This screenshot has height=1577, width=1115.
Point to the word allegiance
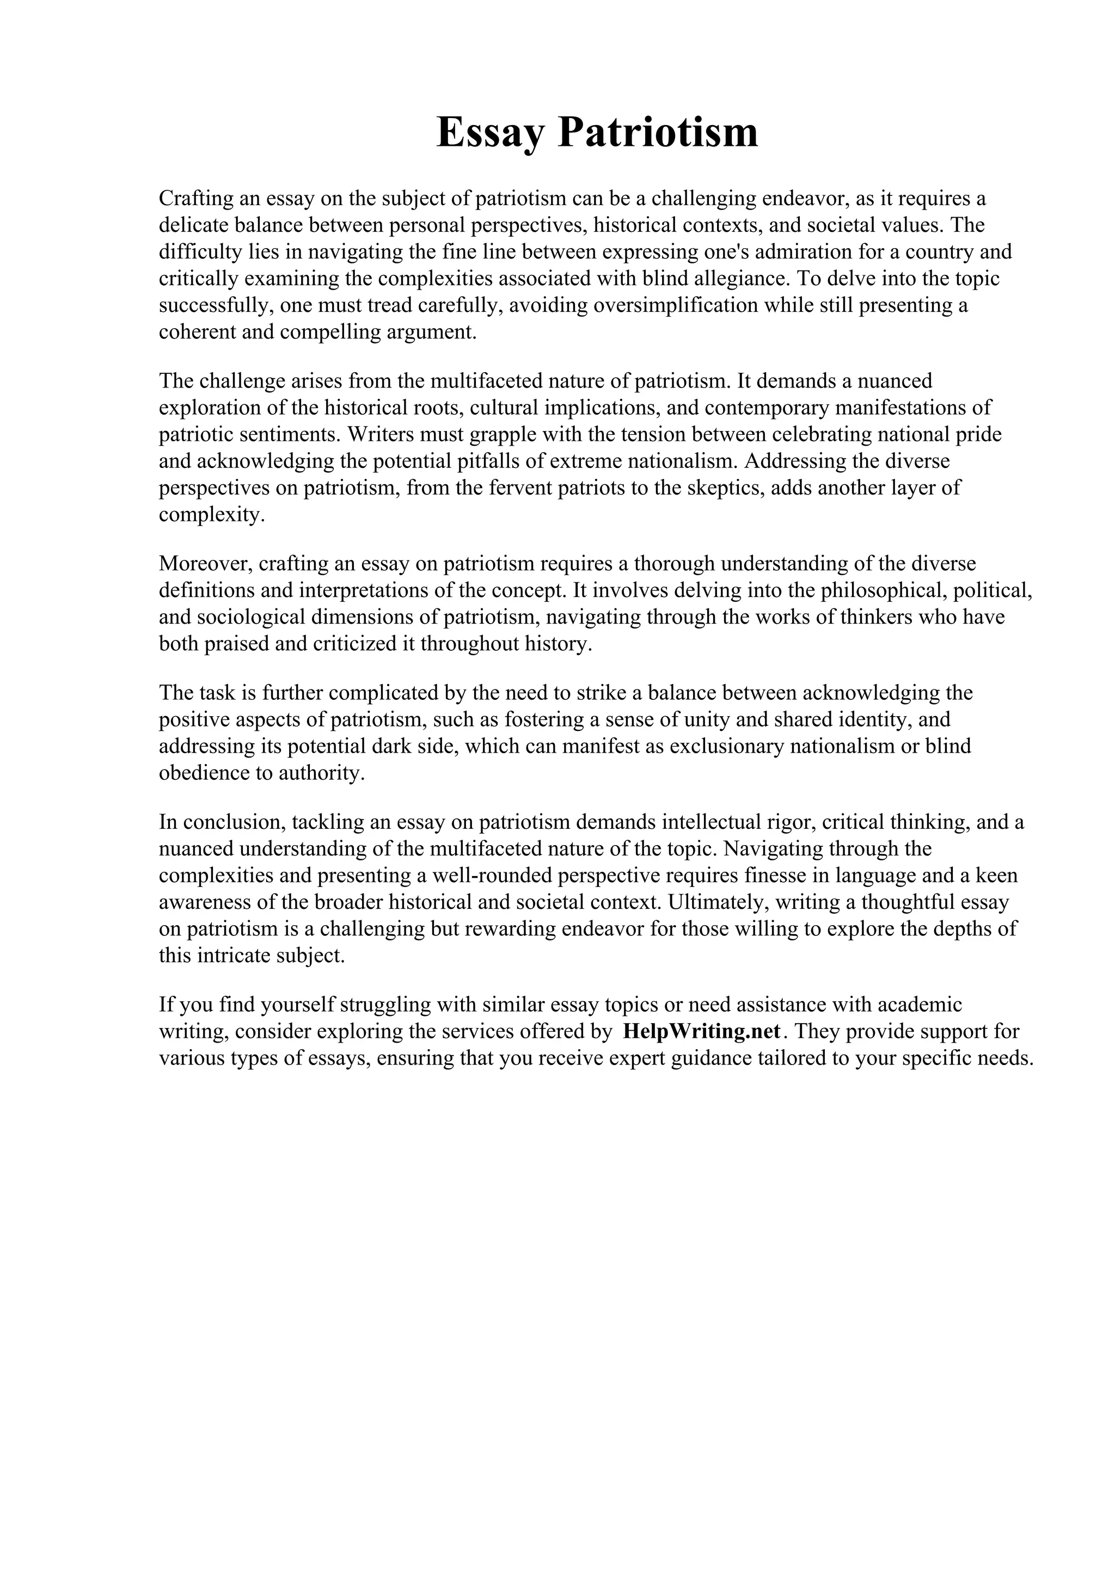pos(739,278)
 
